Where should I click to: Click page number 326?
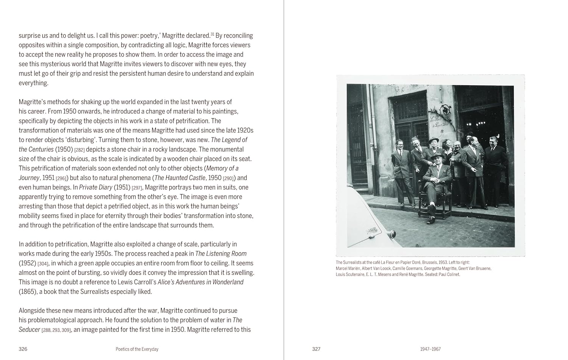[x=23, y=349]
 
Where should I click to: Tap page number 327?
[x=316, y=349]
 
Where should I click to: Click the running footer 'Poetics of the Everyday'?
[x=137, y=349]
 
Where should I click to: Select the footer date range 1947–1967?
[x=430, y=349]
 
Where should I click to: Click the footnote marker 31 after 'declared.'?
[x=212, y=34]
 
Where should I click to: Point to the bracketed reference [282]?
[x=80, y=150]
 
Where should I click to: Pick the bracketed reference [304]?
[x=43, y=263]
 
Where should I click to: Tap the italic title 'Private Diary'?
[x=96, y=187]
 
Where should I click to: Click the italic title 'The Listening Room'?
[x=221, y=254]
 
